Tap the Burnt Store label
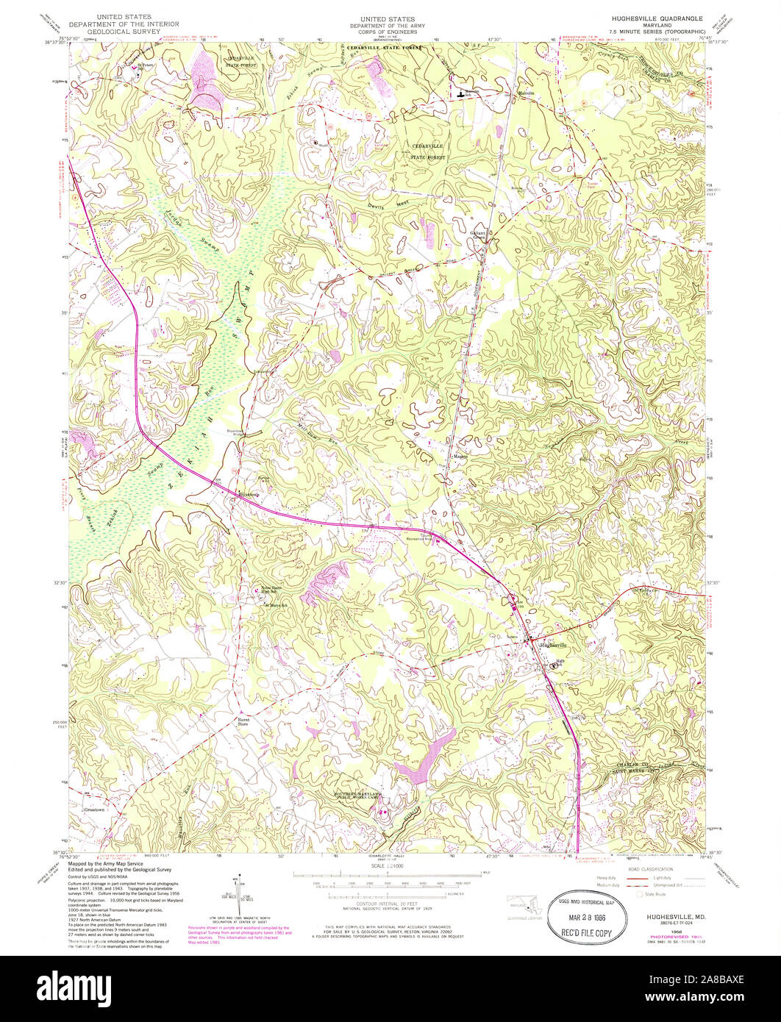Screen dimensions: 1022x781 (x=243, y=722)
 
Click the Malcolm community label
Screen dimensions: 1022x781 (x=522, y=93)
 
